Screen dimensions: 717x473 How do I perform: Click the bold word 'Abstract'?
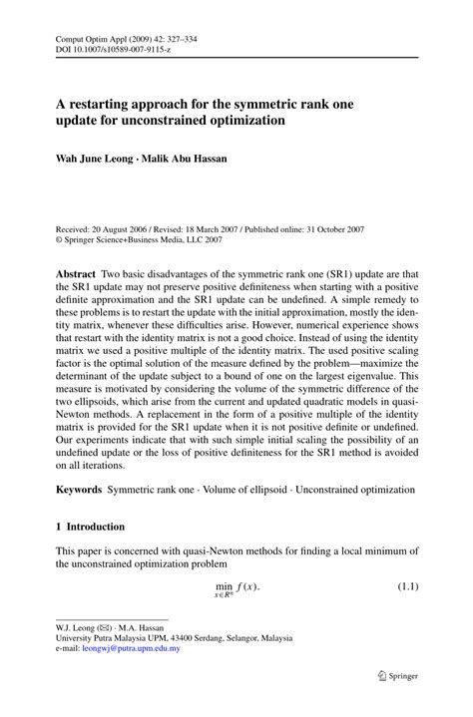(x=80, y=273)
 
